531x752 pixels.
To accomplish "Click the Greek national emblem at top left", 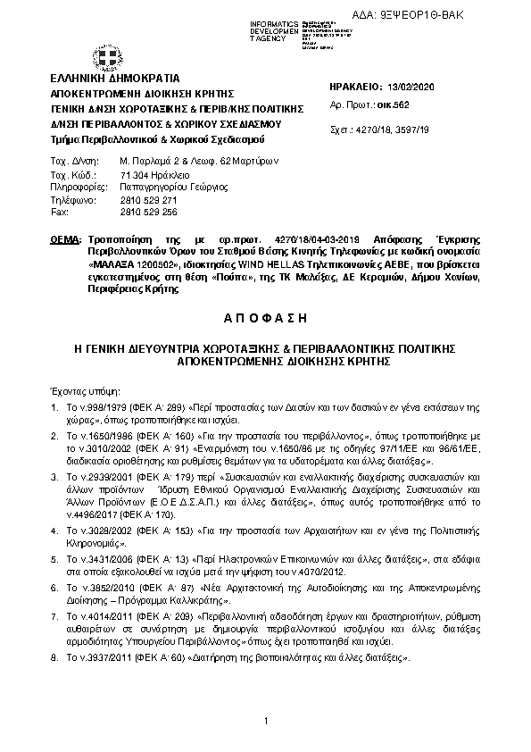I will pyautogui.click(x=109, y=59).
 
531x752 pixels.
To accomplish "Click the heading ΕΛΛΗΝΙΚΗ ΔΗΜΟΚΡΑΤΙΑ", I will pyautogui.click(x=115, y=79).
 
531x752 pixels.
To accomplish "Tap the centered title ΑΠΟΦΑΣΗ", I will pyautogui.click(x=265, y=318).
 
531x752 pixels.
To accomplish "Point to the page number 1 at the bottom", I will pyautogui.click(x=266, y=722).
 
